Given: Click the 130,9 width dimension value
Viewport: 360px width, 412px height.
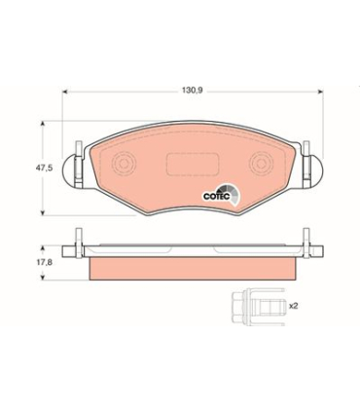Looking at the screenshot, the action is [192, 91].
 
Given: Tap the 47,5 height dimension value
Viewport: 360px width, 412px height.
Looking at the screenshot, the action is [44, 169].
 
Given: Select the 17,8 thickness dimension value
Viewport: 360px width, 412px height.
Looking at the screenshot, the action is [45, 262].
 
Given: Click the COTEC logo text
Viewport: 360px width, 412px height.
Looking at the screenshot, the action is [216, 197].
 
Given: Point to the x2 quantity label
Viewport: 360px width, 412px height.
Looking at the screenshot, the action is [293, 306].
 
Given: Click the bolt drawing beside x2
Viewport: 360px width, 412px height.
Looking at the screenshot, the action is [259, 307].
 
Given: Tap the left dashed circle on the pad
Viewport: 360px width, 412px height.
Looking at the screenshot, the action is [124, 164].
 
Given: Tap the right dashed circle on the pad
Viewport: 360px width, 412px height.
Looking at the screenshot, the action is [261, 164].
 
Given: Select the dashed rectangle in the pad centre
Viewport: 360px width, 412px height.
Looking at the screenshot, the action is [192, 165].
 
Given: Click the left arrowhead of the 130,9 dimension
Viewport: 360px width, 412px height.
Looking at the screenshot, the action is [64, 92].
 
